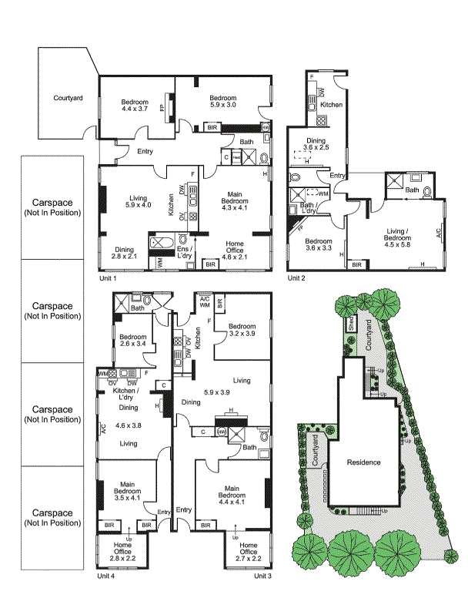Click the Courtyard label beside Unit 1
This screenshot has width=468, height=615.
(68, 98)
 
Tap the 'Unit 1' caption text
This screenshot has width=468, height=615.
(107, 277)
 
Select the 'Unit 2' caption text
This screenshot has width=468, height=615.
(298, 277)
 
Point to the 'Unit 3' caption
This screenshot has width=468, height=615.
(263, 576)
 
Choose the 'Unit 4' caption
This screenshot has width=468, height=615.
(105, 576)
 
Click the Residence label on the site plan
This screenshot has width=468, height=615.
(363, 462)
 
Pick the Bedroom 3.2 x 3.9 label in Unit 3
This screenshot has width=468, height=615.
(242, 330)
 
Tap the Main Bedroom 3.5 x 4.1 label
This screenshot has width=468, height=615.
(127, 492)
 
